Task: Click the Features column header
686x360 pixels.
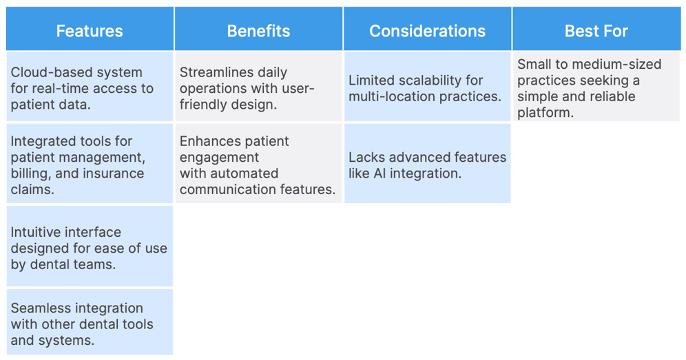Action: [x=90, y=31]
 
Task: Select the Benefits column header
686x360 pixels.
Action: [x=258, y=31]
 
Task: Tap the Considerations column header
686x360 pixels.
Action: [x=427, y=31]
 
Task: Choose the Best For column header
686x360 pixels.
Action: [x=596, y=31]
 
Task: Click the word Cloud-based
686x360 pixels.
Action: [x=42, y=72]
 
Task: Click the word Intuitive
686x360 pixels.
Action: [x=36, y=232]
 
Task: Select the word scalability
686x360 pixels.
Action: [x=427, y=81]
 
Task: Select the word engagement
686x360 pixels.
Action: [x=220, y=157]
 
